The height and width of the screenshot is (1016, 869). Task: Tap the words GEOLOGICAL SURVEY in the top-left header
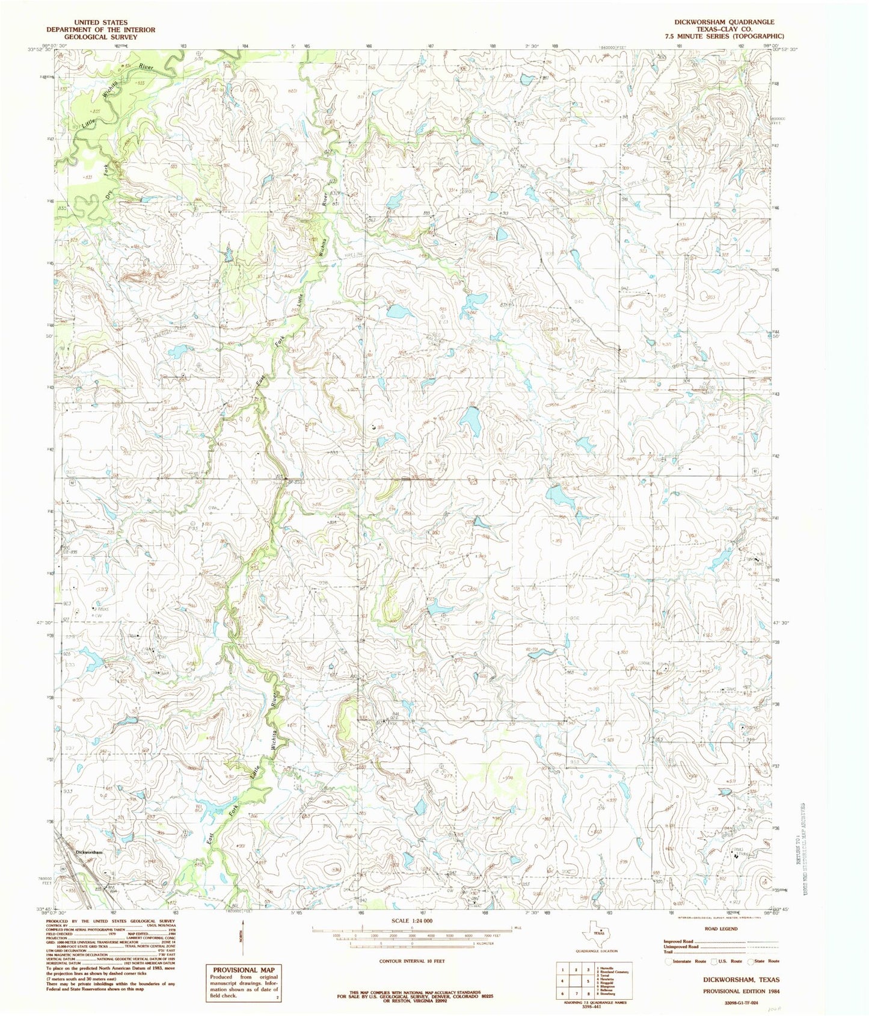[x=103, y=37]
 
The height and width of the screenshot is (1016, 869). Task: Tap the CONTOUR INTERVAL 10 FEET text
[x=412, y=961]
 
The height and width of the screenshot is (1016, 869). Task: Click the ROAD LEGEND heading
[x=720, y=929]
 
